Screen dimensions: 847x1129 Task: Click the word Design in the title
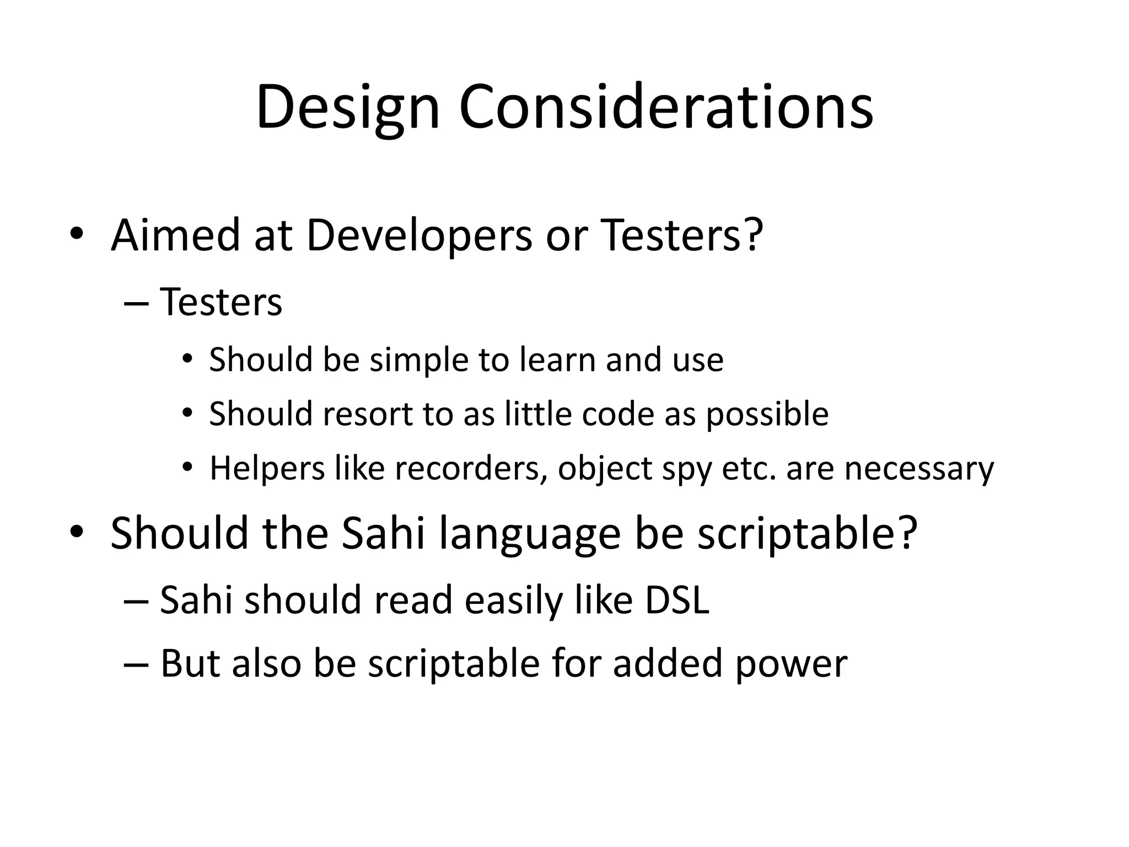tap(347, 108)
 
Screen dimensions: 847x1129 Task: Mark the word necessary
tap(919, 469)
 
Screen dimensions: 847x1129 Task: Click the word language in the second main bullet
tap(530, 534)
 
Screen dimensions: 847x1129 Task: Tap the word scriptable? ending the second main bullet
tap(807, 534)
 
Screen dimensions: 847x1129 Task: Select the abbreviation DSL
tap(678, 599)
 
